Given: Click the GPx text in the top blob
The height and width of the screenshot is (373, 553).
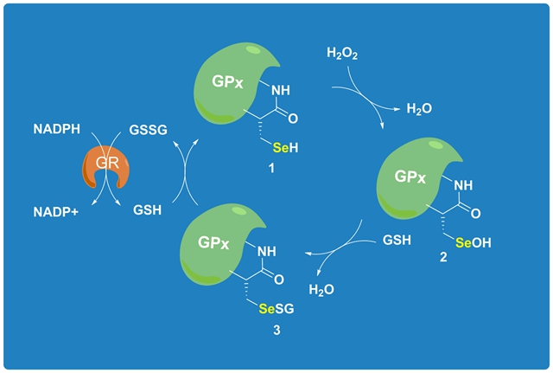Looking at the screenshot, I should tap(232, 82).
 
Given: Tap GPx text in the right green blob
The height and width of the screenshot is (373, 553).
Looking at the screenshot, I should tap(412, 177).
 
